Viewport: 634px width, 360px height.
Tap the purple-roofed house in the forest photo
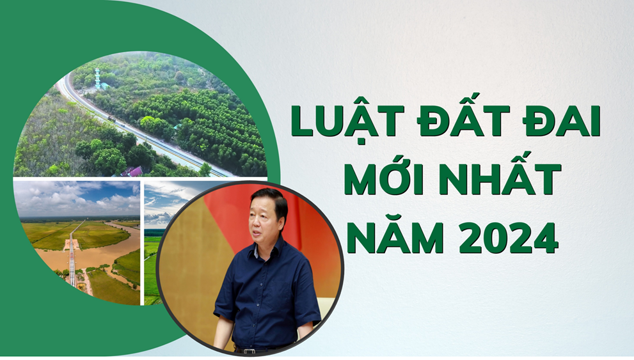click(131, 171)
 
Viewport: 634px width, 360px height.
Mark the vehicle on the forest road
click(113, 118)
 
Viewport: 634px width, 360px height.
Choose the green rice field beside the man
click(151, 269)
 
